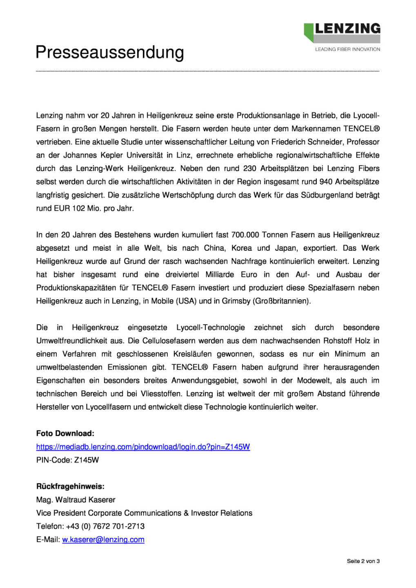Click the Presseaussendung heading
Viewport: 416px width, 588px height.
[x=109, y=53]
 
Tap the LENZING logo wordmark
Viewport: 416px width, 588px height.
[x=347, y=29]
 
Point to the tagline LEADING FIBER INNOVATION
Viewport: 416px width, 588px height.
[x=347, y=49]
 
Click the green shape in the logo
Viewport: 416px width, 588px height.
[x=309, y=31]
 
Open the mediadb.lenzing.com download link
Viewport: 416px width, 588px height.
[x=143, y=447]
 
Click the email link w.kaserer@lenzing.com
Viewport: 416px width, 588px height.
[x=103, y=539]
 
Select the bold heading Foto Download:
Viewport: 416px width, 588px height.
[x=65, y=433]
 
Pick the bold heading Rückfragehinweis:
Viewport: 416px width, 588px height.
[x=70, y=486]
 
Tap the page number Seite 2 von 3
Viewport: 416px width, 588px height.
[x=363, y=561]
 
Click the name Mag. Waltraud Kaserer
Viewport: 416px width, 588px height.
[x=76, y=500]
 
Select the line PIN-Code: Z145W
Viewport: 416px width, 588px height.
[x=67, y=460]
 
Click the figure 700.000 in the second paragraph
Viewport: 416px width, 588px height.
[x=245, y=235]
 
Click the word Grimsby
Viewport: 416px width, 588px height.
[x=237, y=301]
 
